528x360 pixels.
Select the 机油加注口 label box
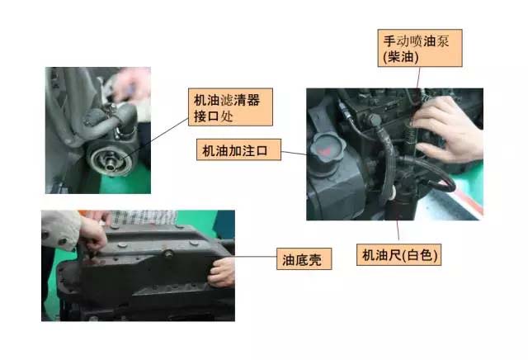[x=238, y=150]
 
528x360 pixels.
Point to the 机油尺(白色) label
[x=398, y=255]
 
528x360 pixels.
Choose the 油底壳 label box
[x=304, y=260]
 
